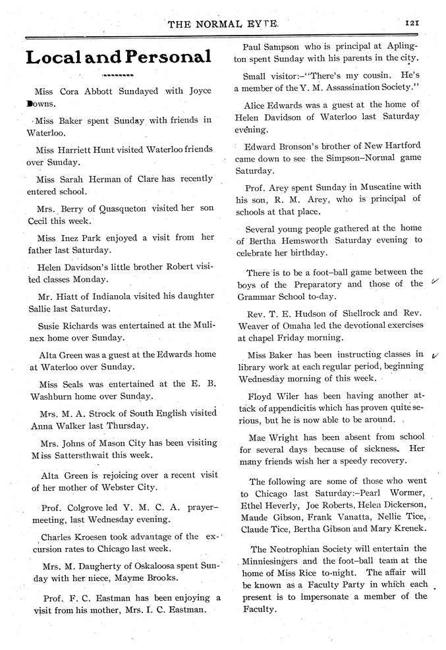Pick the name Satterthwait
tap(84, 455)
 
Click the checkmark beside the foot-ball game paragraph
tap(434, 281)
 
